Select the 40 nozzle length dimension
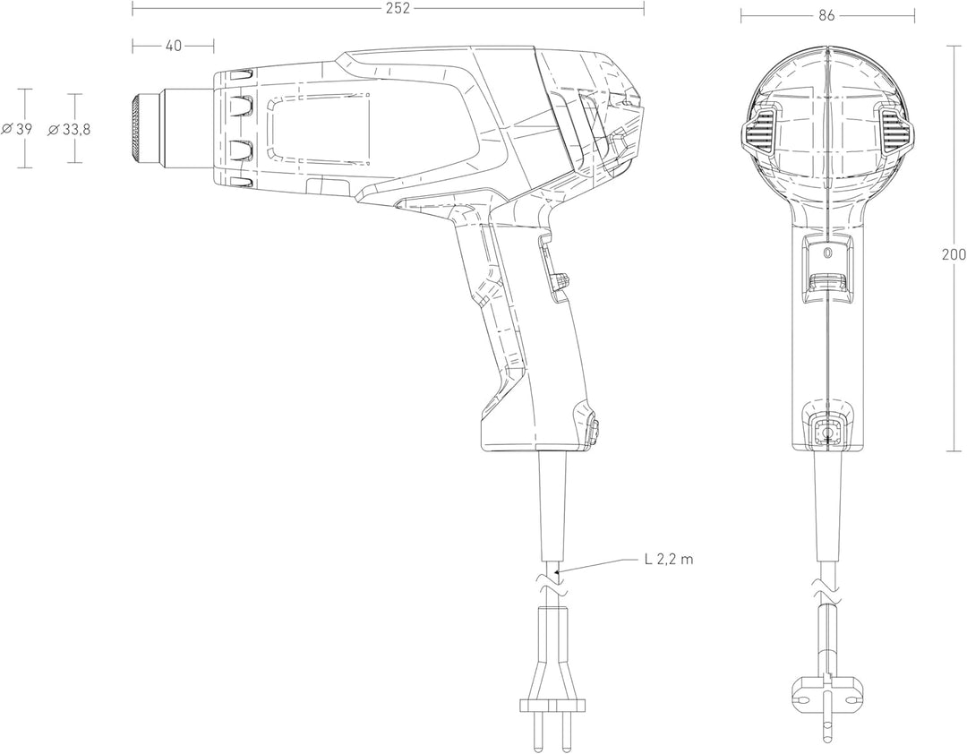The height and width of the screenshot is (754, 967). pos(174,46)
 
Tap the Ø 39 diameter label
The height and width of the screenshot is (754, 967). pos(17,129)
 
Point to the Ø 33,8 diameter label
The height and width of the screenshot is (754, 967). pos(69,130)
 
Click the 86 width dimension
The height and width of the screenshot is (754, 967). pos(827,16)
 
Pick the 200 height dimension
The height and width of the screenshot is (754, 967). pos(954,254)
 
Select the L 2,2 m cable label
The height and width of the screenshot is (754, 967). pos(669,560)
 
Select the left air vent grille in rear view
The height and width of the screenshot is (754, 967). pos(759,132)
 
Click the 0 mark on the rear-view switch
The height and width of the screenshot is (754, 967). pos(827,253)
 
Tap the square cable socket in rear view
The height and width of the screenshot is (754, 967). pos(827,433)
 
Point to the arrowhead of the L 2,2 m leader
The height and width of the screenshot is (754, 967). pos(558,573)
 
